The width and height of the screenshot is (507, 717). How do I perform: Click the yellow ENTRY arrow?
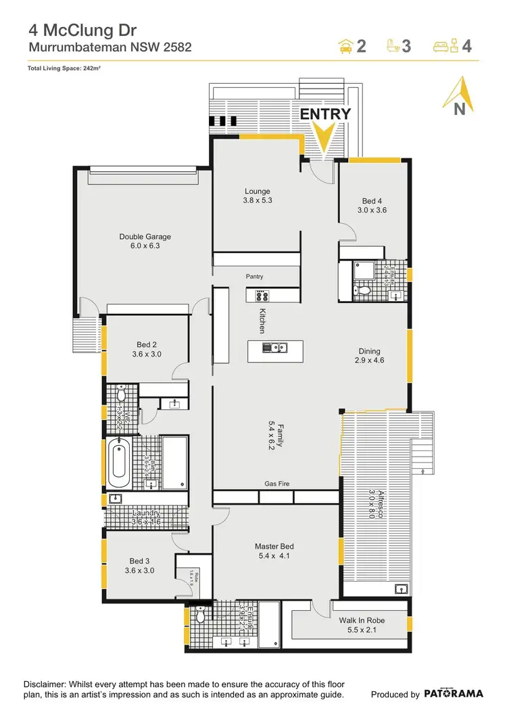(324, 138)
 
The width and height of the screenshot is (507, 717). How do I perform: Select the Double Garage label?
(145, 241)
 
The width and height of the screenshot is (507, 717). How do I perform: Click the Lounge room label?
(257, 196)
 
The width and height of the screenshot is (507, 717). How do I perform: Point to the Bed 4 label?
(372, 206)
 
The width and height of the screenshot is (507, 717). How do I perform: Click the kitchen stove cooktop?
(262, 295)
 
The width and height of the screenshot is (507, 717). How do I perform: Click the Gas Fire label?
(276, 484)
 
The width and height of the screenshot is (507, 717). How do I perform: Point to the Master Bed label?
(274, 551)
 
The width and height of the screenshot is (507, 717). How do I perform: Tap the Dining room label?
(370, 356)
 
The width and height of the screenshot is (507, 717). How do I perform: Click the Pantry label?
(255, 277)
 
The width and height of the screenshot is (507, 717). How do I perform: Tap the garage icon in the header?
(345, 46)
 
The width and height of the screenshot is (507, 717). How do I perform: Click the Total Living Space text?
(64, 68)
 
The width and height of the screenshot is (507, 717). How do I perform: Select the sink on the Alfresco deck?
(400, 587)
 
